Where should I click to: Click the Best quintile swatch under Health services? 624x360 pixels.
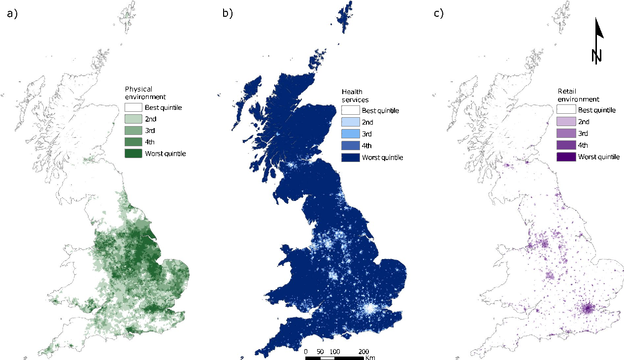350,111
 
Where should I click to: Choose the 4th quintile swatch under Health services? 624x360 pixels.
350,146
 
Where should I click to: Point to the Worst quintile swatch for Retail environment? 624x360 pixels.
566,157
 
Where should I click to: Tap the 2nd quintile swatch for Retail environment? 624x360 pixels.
566,122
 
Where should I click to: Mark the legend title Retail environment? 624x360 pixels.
572,95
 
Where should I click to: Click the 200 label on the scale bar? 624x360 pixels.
363,352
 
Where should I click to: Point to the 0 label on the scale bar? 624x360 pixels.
306,352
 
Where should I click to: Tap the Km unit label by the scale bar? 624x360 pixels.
371,358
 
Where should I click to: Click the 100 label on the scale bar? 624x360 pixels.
334,352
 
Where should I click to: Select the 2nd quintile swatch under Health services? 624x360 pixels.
350,122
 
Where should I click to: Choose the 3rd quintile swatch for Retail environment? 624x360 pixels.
566,133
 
